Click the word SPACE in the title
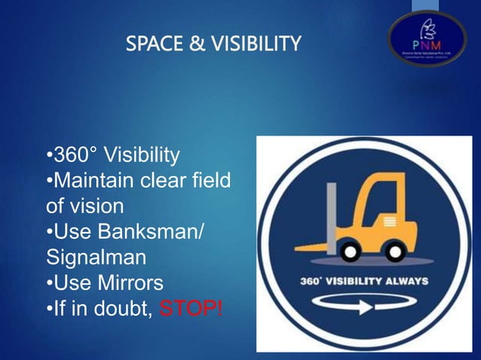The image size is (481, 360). (152, 45)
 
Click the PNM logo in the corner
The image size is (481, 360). (427, 38)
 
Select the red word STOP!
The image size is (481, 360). (191, 308)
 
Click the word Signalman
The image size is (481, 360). (96, 258)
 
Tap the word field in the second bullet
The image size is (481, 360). (208, 182)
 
